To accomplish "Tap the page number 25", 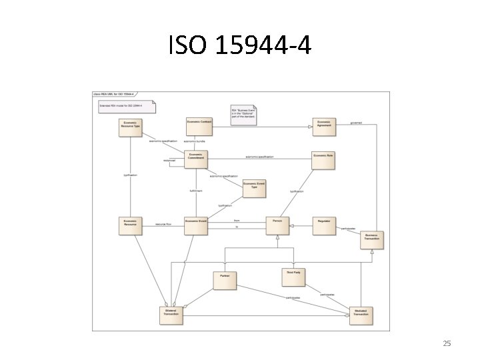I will coord(447,343).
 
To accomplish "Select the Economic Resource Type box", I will coord(131,127).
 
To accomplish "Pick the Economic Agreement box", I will coord(324,126).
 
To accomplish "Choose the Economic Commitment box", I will coord(197,159).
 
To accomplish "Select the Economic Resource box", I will coord(131,225).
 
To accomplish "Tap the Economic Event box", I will coord(197,225).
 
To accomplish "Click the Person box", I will coord(277,225).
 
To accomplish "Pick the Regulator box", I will coord(324,225).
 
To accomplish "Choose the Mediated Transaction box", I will coord(361,313).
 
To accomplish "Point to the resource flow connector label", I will coord(164,225).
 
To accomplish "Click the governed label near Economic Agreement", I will coord(356,123).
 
